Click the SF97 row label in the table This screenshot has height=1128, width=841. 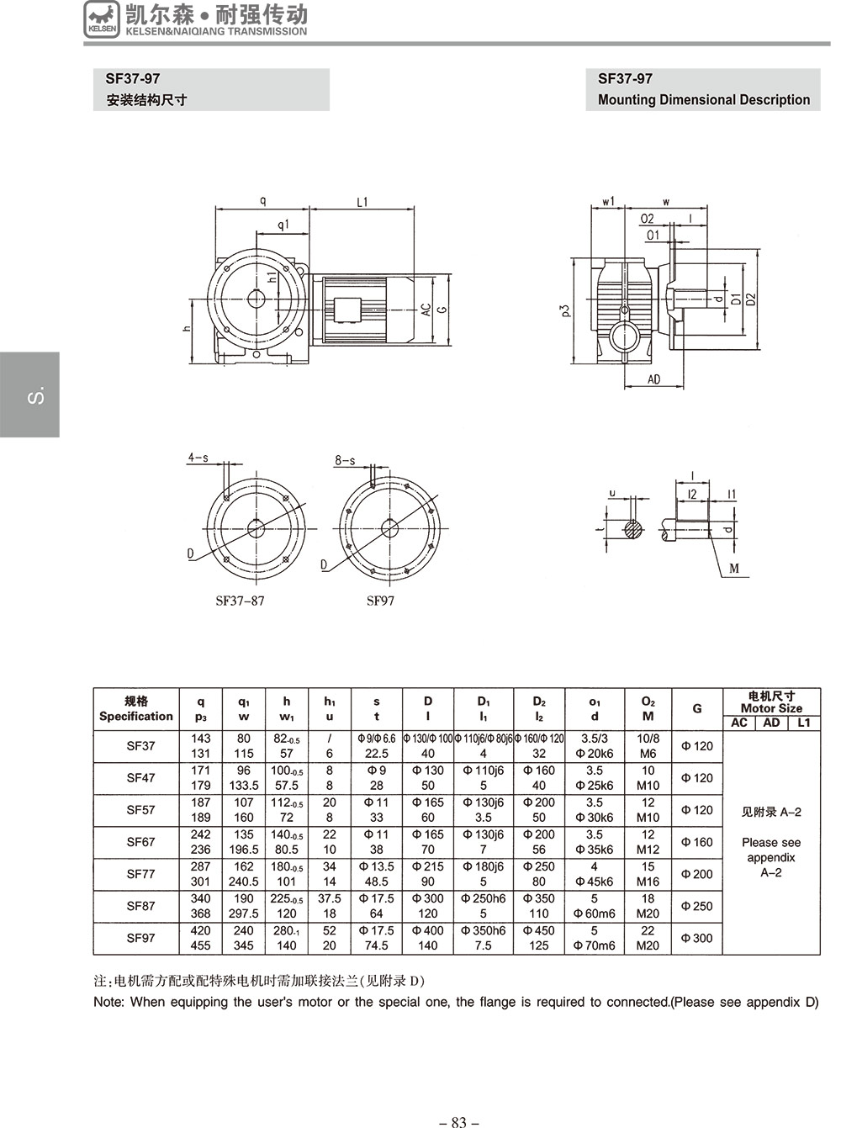pyautogui.click(x=140, y=938)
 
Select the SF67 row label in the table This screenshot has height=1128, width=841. pyautogui.click(x=140, y=841)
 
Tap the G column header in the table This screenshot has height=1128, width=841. pyautogui.click(x=697, y=708)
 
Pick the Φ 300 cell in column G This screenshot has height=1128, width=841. pyautogui.click(x=696, y=938)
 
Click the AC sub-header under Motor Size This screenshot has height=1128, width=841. pyautogui.click(x=739, y=723)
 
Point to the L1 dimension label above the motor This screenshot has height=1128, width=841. pyautogui.click(x=362, y=202)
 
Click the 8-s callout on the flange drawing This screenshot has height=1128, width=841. pyautogui.click(x=345, y=461)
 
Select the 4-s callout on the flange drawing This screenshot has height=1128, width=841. pyautogui.click(x=198, y=458)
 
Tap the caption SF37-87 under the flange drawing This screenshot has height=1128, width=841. pyautogui.click(x=240, y=601)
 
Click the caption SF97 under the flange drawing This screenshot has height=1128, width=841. pyautogui.click(x=380, y=601)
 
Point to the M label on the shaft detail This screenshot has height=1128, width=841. pyautogui.click(x=733, y=569)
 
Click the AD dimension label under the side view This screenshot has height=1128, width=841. pyautogui.click(x=653, y=379)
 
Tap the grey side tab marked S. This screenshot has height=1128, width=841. pyautogui.click(x=30, y=394)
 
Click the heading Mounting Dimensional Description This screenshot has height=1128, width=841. pyautogui.click(x=703, y=100)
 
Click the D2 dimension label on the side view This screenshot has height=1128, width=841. pyautogui.click(x=750, y=299)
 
